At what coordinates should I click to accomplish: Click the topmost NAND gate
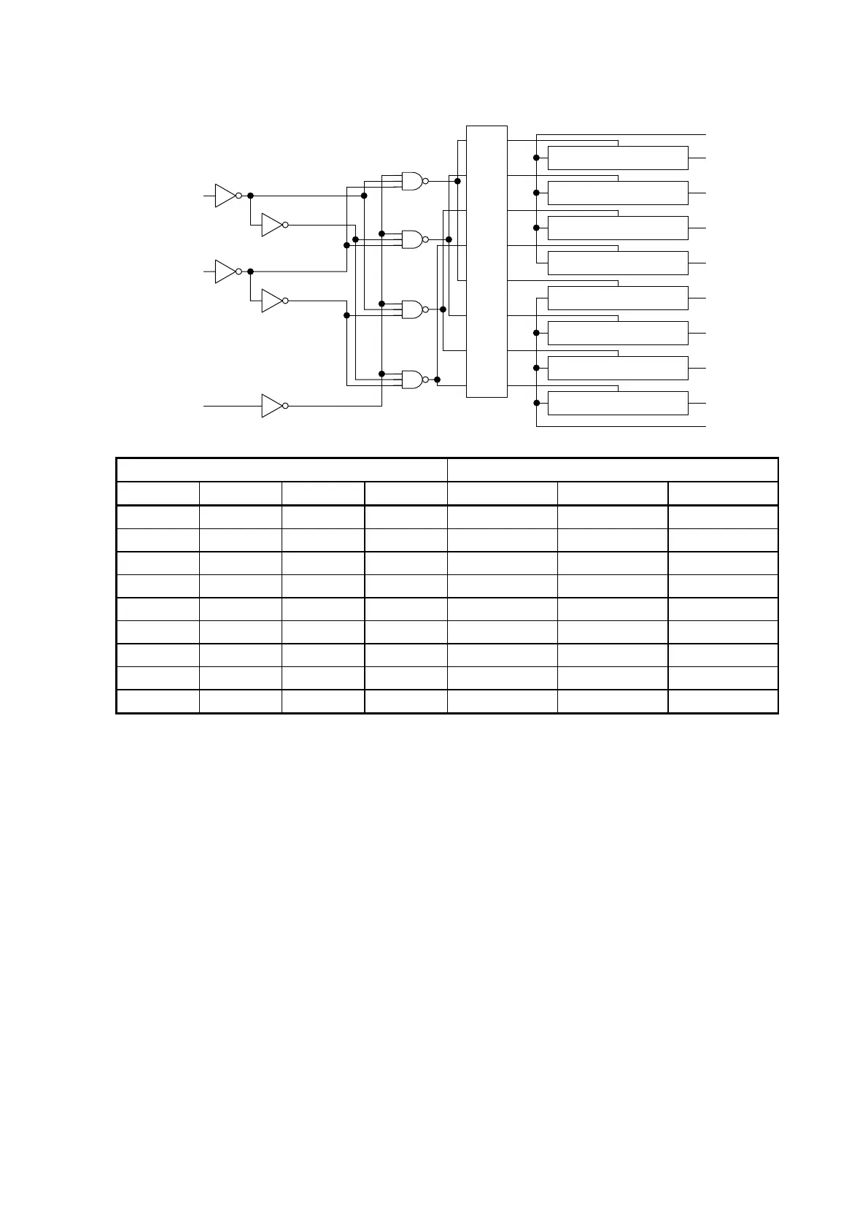click(x=412, y=181)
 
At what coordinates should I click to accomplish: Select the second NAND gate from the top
click(x=412, y=239)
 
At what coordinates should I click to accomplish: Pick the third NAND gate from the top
click(x=412, y=309)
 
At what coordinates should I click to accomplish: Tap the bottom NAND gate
click(x=412, y=380)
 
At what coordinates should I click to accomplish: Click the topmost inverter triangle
click(x=225, y=196)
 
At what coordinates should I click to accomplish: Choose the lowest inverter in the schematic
click(x=271, y=406)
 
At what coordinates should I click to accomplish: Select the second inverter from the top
click(x=271, y=225)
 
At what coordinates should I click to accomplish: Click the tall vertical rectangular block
click(x=487, y=261)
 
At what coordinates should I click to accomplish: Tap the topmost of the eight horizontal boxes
click(x=618, y=158)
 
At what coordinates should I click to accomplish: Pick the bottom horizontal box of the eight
click(x=618, y=403)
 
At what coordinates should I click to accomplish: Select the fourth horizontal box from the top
click(x=618, y=263)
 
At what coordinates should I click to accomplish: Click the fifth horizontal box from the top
click(x=618, y=298)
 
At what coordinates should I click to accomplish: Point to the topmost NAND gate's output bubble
click(x=425, y=181)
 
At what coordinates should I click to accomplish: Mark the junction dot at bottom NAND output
click(x=437, y=380)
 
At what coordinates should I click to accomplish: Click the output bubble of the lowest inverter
click(x=285, y=406)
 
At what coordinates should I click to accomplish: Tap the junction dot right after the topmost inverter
click(x=250, y=196)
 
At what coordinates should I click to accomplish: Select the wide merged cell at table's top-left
click(x=282, y=469)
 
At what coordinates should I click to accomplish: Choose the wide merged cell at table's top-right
click(x=613, y=469)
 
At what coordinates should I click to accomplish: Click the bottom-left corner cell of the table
click(x=158, y=701)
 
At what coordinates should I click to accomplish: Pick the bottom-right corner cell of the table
click(x=723, y=701)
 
